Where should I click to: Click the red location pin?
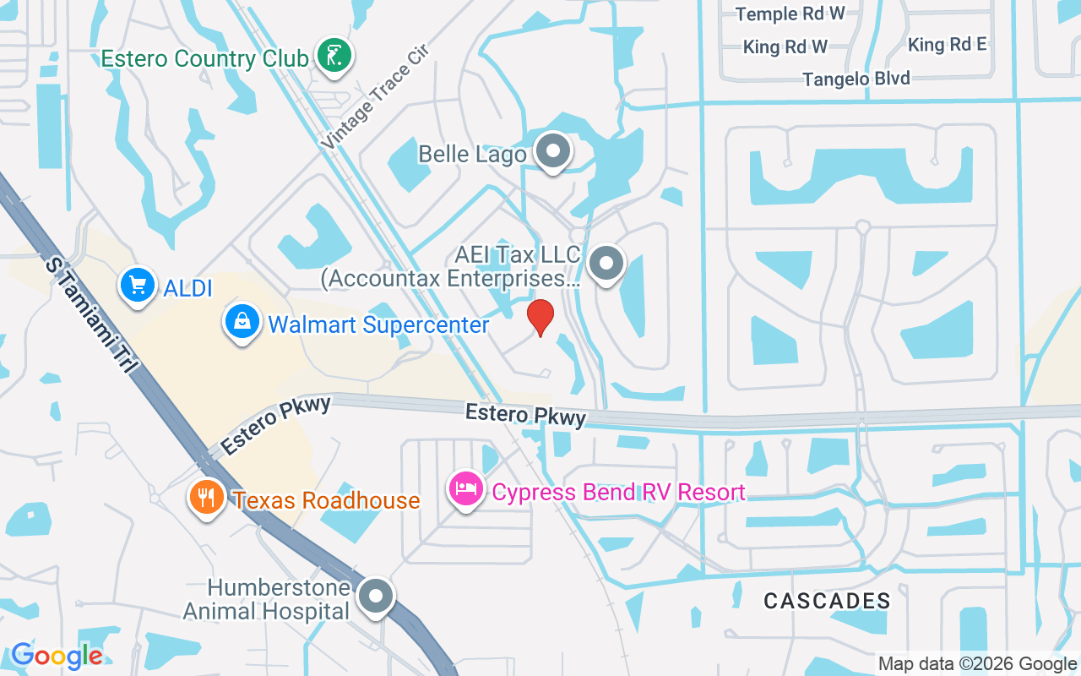(540, 317)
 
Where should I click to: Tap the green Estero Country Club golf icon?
(334, 57)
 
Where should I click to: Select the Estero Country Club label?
(204, 58)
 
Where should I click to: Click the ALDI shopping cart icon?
(137, 286)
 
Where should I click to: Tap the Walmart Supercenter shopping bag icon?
(242, 323)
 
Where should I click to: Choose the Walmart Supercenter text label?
(378, 324)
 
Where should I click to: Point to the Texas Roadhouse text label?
(326, 500)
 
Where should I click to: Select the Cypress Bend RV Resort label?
(618, 492)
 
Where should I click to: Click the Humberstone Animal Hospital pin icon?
(376, 597)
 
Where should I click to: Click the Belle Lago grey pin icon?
(554, 153)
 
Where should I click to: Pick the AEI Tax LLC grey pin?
(606, 263)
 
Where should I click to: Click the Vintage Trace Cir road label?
(376, 97)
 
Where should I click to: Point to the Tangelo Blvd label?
(856, 79)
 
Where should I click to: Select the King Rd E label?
(947, 44)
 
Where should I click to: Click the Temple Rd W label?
(790, 14)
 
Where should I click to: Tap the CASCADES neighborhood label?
(827, 601)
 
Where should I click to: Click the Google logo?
(57, 655)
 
